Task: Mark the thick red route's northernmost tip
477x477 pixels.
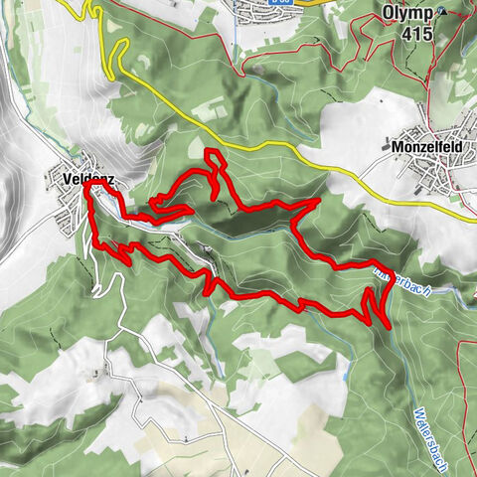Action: coord(210,152)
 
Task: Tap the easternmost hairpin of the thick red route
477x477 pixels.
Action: coord(387,321)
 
